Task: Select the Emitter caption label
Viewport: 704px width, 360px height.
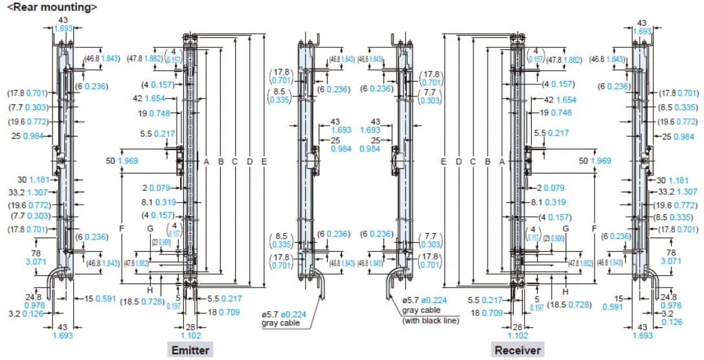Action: [x=189, y=350]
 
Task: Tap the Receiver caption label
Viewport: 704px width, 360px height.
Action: [x=517, y=350]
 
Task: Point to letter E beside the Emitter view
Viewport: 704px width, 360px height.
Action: [x=264, y=161]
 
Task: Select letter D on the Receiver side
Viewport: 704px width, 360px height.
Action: [x=458, y=161]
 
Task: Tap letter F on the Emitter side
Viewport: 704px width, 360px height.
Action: [x=121, y=229]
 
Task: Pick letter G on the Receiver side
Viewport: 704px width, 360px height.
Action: [x=565, y=229]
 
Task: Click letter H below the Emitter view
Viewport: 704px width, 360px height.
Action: [x=150, y=290]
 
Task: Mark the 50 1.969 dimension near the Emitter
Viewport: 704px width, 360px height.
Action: [x=119, y=161]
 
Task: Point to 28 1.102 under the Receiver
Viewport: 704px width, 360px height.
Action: [x=517, y=331]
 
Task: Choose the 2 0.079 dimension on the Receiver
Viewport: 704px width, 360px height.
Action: [x=550, y=188]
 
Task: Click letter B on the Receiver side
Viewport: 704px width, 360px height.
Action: [x=488, y=161]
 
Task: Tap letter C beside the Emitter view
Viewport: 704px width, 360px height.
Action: [x=234, y=161]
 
